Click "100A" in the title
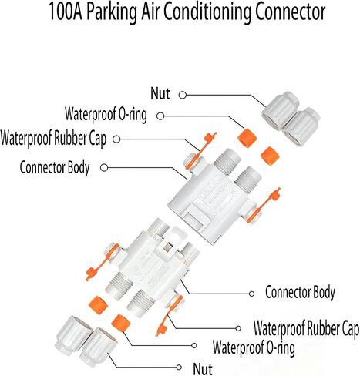pyautogui.click(x=66, y=12)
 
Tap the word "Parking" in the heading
pyautogui.click(x=112, y=13)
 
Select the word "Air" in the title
pyautogui.click(x=150, y=12)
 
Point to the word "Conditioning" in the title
pyautogui.click(x=207, y=13)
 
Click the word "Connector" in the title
pyautogui.click(x=290, y=12)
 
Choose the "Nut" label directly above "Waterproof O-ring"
pyautogui.click(x=160, y=93)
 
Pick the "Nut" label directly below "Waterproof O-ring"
pyautogui.click(x=203, y=369)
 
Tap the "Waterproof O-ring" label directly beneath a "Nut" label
pyautogui.click(x=106, y=114)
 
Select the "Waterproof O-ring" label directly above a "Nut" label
pyautogui.click(x=254, y=347)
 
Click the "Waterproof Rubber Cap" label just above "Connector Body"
pyautogui.click(x=53, y=139)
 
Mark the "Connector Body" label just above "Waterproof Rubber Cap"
pyautogui.click(x=300, y=293)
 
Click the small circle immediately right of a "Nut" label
pyautogui.click(x=183, y=95)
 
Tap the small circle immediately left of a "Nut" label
pyautogui.click(x=179, y=368)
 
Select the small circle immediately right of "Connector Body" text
pyautogui.click(x=104, y=168)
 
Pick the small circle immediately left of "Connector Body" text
pyautogui.click(x=251, y=294)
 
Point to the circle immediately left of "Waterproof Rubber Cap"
pyautogui.click(x=238, y=328)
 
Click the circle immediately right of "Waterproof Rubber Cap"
pyautogui.click(x=116, y=139)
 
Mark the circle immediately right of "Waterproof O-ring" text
pyautogui.click(x=160, y=116)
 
